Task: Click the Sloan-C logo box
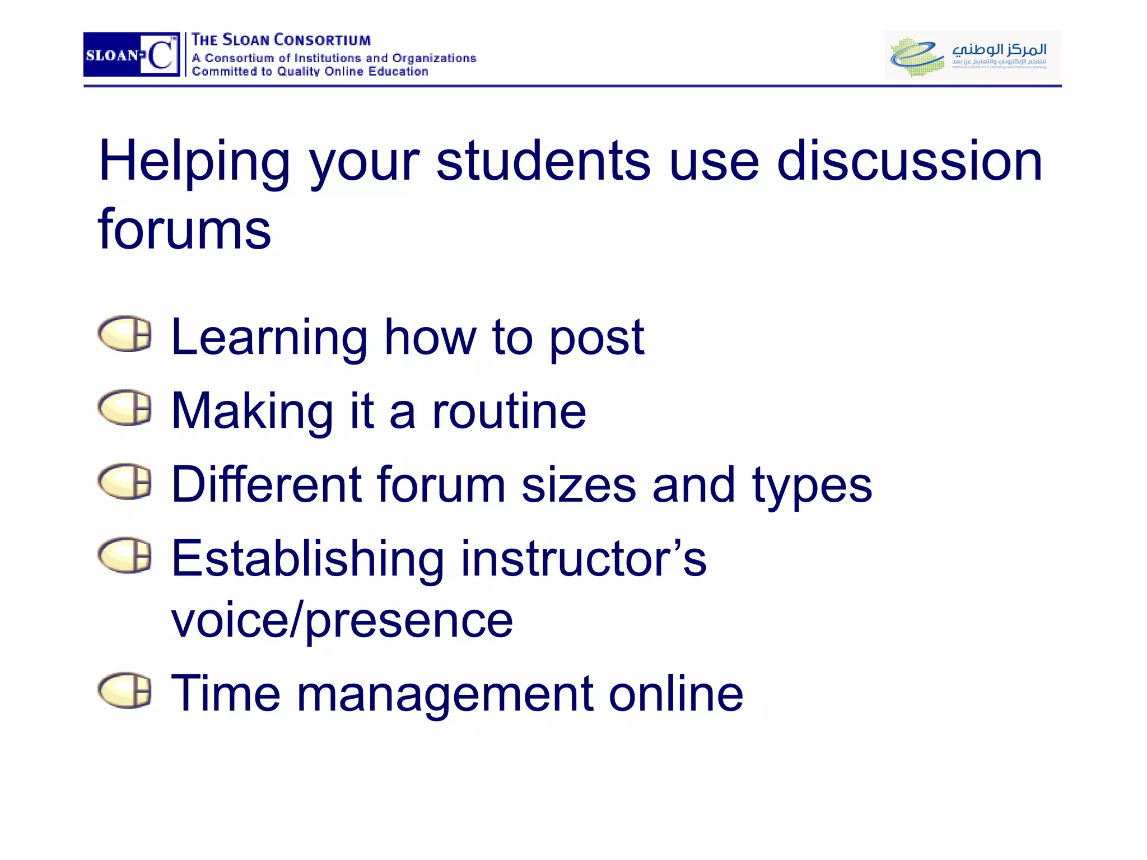click(132, 54)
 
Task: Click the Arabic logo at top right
click(972, 55)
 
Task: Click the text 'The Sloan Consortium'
click(281, 40)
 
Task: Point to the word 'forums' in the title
click(184, 229)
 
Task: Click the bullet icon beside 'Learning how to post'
click(125, 334)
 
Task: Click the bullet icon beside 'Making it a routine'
click(125, 408)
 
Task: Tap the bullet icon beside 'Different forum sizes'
click(125, 482)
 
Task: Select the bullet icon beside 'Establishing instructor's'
click(125, 555)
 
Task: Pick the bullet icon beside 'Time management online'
click(125, 690)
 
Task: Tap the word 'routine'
click(509, 411)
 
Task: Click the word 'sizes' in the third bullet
click(579, 485)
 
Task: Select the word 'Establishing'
click(307, 559)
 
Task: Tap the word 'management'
click(445, 694)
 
